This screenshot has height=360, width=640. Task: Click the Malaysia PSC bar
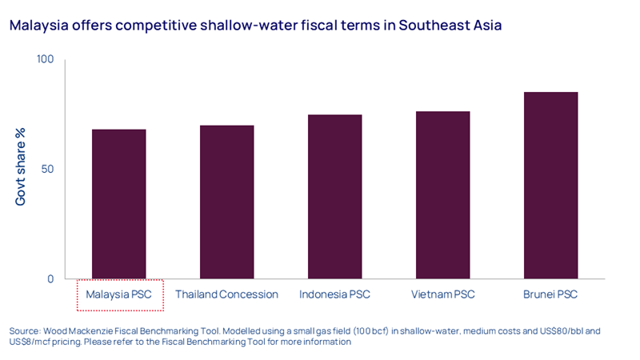[119, 204]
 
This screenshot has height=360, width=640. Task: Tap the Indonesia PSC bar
[334, 197]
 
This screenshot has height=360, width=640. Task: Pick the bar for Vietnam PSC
[442, 195]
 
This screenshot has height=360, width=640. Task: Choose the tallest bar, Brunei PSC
[550, 186]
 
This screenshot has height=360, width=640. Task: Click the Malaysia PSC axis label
[119, 294]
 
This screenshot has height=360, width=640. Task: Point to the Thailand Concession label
[226, 294]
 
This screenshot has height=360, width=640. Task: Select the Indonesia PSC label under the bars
[334, 294]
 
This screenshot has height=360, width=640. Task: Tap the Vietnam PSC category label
[442, 294]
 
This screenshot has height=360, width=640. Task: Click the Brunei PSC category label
[550, 294]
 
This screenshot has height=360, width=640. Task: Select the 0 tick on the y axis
[50, 279]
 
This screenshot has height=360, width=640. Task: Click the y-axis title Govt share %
[22, 170]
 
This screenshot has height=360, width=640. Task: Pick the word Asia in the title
[485, 26]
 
